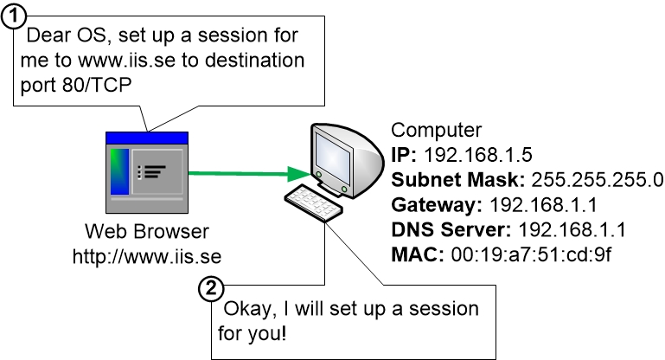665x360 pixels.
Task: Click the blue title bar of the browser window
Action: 146,138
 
